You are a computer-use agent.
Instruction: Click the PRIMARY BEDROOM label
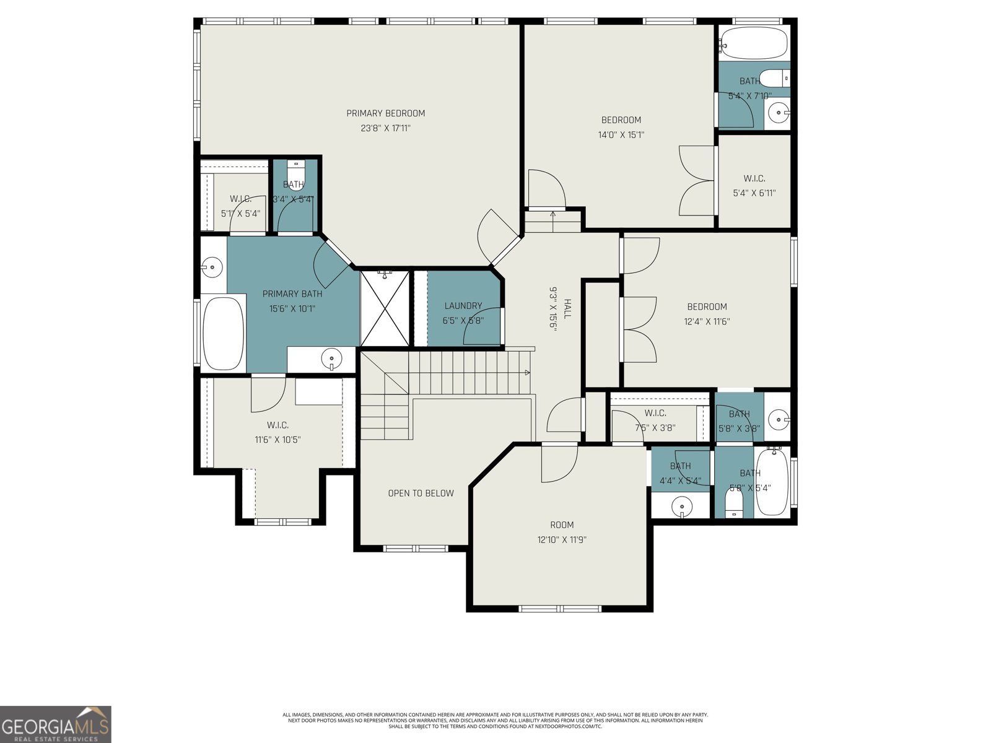click(385, 113)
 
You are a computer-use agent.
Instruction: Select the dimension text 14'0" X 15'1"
click(621, 135)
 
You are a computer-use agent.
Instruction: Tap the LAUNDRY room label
click(463, 306)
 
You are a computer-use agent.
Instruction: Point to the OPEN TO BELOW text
click(421, 493)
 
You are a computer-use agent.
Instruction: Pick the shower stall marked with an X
click(385, 308)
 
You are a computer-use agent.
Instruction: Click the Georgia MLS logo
click(56, 724)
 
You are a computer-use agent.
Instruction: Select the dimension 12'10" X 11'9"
click(562, 540)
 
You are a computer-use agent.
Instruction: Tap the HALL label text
click(567, 308)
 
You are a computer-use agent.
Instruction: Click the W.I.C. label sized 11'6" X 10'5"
click(277, 425)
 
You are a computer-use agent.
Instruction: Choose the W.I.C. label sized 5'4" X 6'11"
click(754, 179)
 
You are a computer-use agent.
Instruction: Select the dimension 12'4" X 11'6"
click(707, 322)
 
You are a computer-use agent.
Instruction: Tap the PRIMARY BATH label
click(292, 294)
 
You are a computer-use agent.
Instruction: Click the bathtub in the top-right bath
click(754, 42)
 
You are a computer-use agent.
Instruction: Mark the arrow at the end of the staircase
click(527, 373)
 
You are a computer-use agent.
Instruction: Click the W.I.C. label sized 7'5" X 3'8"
click(655, 413)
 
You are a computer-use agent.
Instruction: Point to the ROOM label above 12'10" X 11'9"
click(562, 525)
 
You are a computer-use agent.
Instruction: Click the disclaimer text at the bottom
click(495, 721)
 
